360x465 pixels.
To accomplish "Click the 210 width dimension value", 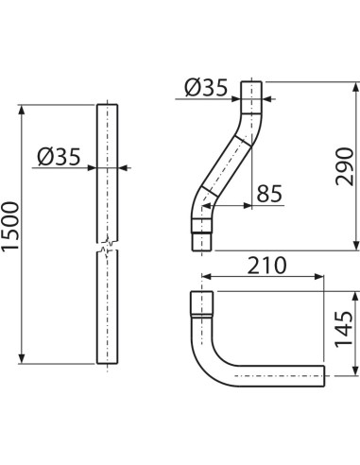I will pyautogui.click(x=265, y=267).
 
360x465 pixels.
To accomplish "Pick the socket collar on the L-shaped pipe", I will pyautogui.click(x=200, y=304).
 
